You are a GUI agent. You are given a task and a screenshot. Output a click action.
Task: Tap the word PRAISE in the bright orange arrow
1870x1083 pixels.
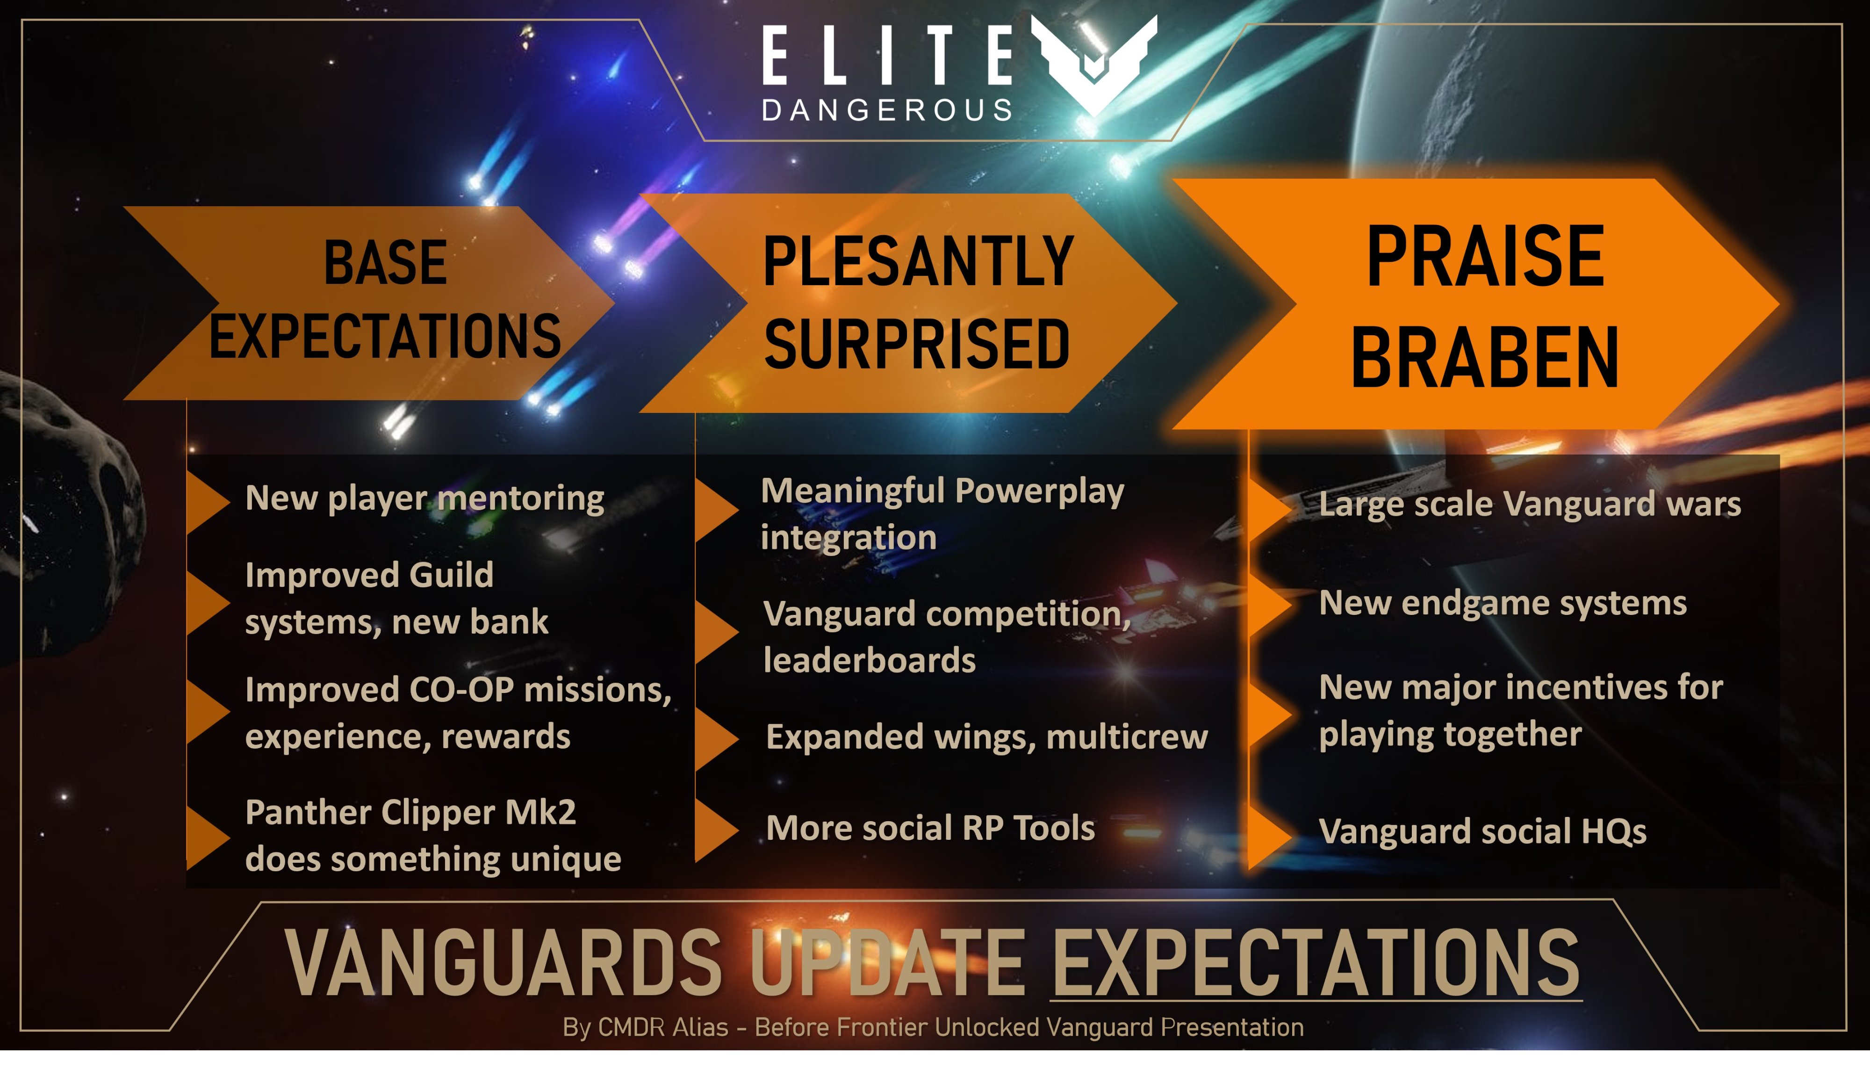click(x=1486, y=256)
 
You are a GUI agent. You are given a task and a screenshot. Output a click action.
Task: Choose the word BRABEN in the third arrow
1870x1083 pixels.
click(x=1485, y=358)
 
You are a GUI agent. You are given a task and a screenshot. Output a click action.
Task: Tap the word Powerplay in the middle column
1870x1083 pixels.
click(x=1040, y=492)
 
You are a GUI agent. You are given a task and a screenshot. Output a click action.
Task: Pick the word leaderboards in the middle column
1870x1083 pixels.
click(x=870, y=660)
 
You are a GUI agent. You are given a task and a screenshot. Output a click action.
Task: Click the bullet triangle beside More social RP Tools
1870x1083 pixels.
click(x=717, y=830)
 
